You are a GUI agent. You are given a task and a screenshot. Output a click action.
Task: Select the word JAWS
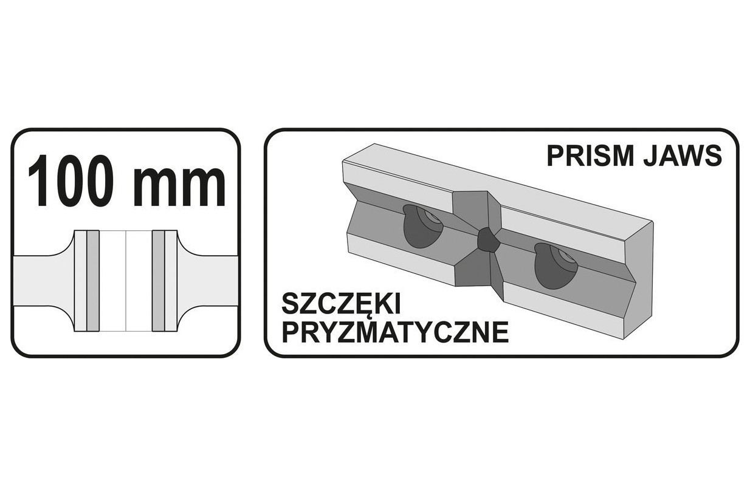[x=682, y=156]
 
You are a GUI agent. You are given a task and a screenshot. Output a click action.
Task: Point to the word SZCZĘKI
[x=341, y=303]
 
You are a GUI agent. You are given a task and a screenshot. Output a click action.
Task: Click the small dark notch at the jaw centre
[x=488, y=239]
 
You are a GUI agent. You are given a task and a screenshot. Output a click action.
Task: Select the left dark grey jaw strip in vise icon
[x=93, y=281]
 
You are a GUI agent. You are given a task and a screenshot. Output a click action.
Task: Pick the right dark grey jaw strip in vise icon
[x=159, y=281]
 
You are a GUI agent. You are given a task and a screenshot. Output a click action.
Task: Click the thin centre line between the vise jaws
[x=126, y=281]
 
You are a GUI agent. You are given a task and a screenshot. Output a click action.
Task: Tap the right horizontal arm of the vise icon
[x=208, y=281]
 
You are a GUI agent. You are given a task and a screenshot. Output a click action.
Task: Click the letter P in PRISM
[x=554, y=156]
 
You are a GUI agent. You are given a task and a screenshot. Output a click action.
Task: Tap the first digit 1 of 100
[x=40, y=181]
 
